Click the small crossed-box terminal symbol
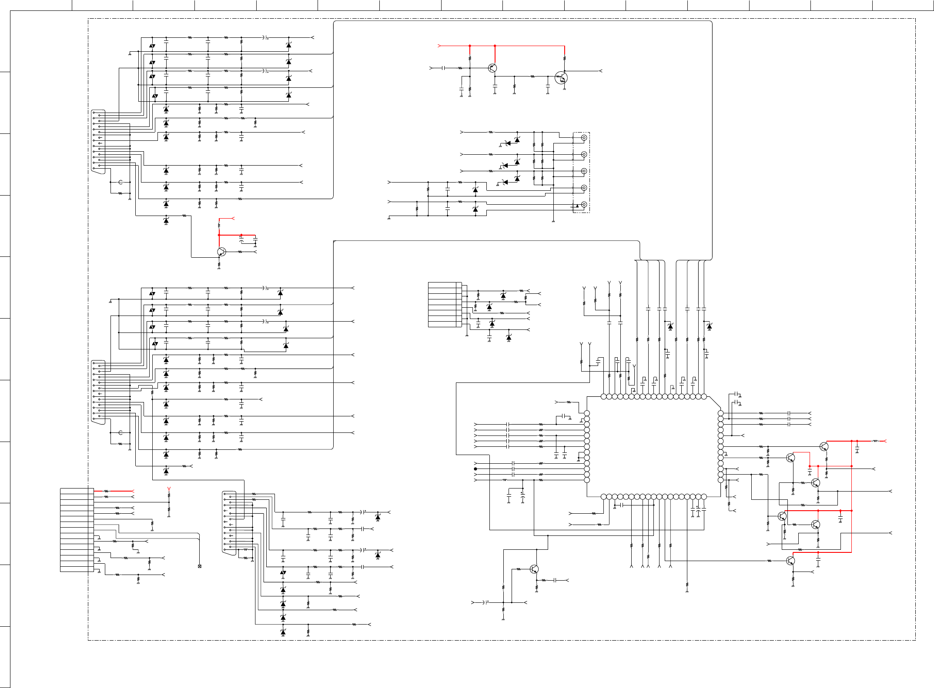pyautogui.click(x=199, y=566)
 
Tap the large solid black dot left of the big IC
pyautogui.click(x=475, y=469)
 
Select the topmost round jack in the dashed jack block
pyautogui.click(x=584, y=138)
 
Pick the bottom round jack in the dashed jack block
pyautogui.click(x=584, y=204)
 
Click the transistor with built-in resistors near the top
pyautogui.click(x=561, y=78)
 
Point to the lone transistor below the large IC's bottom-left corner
pyautogui.click(x=534, y=569)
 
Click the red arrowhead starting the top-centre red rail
pyautogui.click(x=439, y=46)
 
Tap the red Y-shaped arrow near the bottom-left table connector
pyautogui.click(x=169, y=489)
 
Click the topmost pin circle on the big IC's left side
pyautogui.click(x=587, y=413)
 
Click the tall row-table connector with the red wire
pyautogui.click(x=77, y=530)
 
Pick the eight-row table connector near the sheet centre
pyautogui.click(x=445, y=304)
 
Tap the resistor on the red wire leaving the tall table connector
pyautogui.click(x=106, y=491)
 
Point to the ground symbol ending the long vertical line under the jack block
pyautogui.click(x=553, y=221)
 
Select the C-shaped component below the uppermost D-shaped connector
pyautogui.click(x=121, y=182)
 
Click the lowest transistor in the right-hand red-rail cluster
pyautogui.click(x=790, y=561)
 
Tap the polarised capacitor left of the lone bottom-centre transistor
pyautogui.click(x=485, y=602)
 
